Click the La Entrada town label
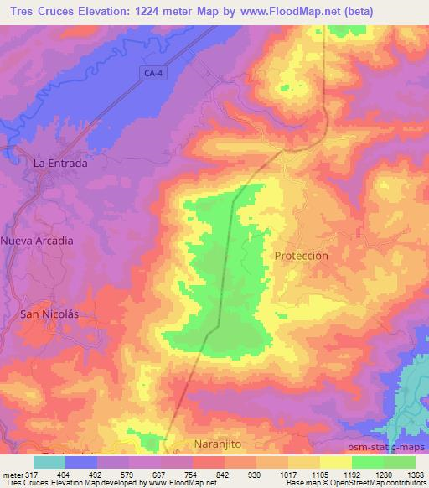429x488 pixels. [59, 164]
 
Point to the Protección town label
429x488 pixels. [300, 255]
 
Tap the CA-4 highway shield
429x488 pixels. [151, 74]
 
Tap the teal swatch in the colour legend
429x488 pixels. [49, 462]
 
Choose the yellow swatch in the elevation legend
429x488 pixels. [334, 462]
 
